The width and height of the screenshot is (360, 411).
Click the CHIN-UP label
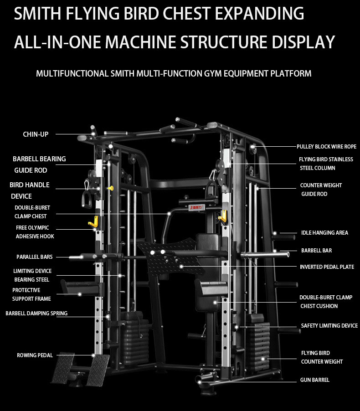tap(36, 134)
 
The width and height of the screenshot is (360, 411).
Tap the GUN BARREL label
tap(314, 380)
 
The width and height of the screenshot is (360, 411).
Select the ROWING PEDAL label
tap(35, 355)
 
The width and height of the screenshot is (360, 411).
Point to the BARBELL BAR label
tap(316, 250)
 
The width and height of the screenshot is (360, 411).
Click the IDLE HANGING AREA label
tap(324, 232)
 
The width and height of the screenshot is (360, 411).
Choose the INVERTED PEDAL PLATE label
tap(327, 267)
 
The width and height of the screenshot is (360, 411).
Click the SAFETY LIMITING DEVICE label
tap(329, 326)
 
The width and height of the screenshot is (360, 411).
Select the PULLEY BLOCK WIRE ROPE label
tap(326, 147)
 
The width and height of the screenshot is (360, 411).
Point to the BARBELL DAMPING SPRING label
tap(36, 313)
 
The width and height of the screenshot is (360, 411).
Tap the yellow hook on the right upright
tap(222, 216)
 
